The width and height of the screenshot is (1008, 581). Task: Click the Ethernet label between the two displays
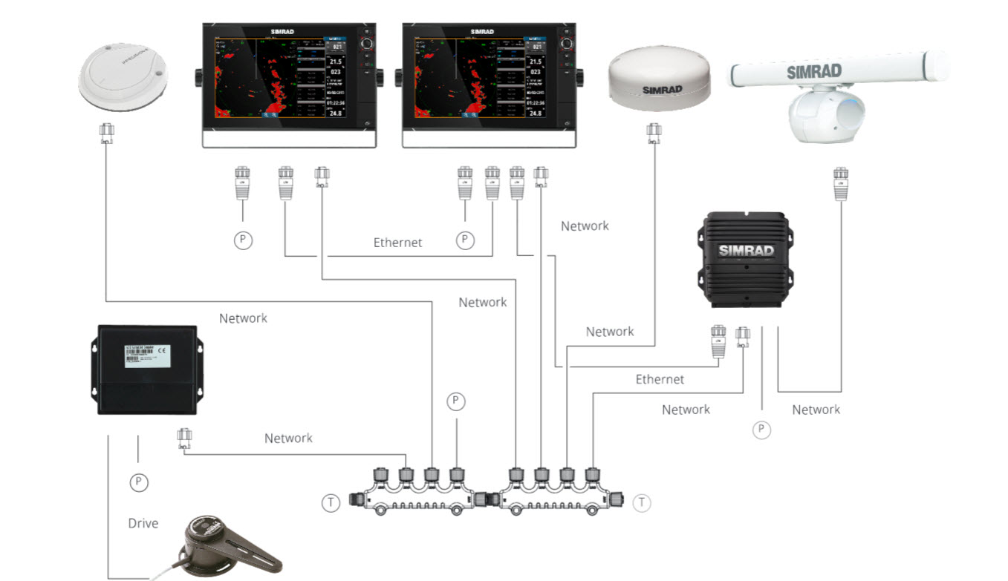[397, 243]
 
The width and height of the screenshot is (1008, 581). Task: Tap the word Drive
[143, 523]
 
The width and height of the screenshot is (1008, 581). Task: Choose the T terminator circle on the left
[331, 503]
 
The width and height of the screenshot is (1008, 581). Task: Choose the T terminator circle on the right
[641, 503]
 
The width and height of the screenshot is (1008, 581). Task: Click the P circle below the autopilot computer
[138, 482]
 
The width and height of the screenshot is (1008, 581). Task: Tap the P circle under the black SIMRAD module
[761, 429]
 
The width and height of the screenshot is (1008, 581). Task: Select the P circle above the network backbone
[456, 401]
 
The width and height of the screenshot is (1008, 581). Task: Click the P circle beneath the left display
[243, 240]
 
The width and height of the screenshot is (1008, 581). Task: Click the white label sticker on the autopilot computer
[146, 355]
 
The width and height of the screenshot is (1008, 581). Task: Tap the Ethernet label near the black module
[660, 379]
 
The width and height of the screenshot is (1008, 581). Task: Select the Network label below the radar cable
[816, 410]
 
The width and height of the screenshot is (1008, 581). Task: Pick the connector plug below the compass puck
[106, 134]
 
